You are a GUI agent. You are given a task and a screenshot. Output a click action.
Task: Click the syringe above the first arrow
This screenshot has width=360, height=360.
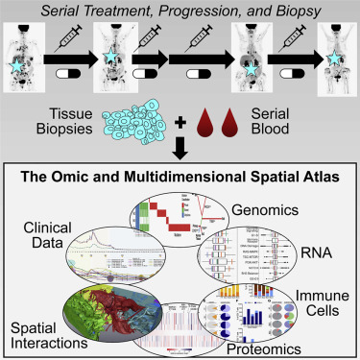(68, 40)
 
